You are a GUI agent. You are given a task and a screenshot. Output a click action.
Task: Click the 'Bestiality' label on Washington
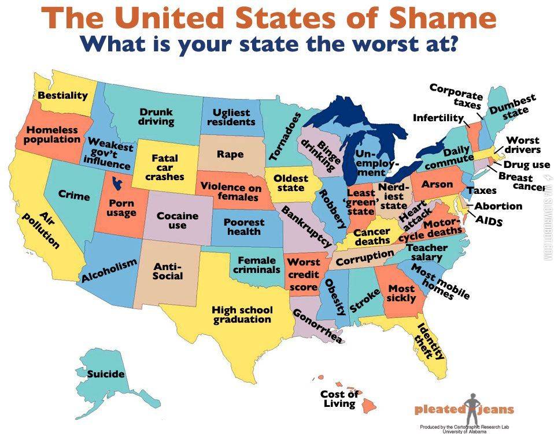62,95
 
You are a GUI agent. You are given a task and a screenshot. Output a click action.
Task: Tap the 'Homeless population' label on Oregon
52,135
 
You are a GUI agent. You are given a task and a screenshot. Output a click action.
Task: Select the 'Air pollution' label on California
42,229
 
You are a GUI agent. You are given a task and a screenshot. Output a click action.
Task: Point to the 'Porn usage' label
121,208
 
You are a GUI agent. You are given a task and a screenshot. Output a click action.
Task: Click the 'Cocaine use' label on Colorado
178,220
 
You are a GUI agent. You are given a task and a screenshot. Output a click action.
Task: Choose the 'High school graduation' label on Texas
242,315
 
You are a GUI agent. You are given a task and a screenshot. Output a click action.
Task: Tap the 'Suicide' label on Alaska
106,374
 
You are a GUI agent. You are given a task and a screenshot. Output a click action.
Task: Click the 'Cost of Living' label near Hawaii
339,399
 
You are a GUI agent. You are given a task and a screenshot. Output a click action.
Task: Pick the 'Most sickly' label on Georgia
401,293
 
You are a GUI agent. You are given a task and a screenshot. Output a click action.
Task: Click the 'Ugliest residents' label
231,117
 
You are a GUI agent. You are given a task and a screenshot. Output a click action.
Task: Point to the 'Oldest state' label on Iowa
290,183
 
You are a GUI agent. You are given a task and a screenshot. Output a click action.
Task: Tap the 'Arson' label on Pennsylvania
437,184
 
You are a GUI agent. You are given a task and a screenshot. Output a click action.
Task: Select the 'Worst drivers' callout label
523,145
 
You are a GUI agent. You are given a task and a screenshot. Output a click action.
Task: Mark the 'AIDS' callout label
489,220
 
